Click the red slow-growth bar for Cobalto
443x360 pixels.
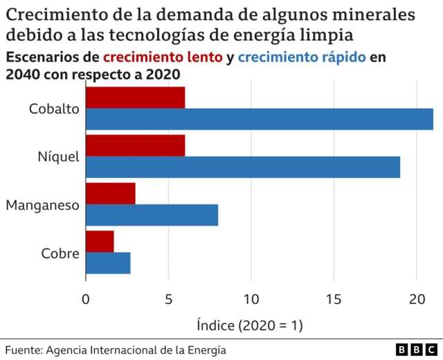pyautogui.click(x=135, y=98)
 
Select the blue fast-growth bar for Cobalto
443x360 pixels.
pyautogui.click(x=259, y=119)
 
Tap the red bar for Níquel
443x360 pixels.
pyautogui.click(x=135, y=146)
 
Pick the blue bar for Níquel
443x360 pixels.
pyautogui.click(x=242, y=167)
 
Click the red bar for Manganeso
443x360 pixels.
pyautogui.click(x=110, y=194)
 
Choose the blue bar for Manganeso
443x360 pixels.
pyautogui.click(x=152, y=215)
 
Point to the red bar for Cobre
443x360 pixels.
pyautogui.click(x=100, y=242)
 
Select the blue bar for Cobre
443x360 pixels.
pyautogui.click(x=108, y=262)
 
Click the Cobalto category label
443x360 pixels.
pyautogui.click(x=55, y=109)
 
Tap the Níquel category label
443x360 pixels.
pyautogui.click(x=59, y=156)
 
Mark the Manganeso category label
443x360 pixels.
pyautogui.click(x=43, y=205)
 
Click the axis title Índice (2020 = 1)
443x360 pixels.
pyautogui.click(x=250, y=324)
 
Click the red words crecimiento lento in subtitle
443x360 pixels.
pyautogui.click(x=163, y=58)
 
